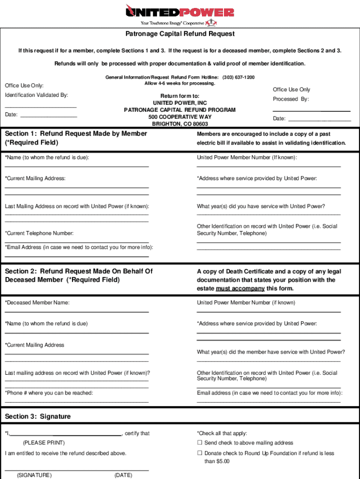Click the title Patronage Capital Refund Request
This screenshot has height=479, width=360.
pos(180,34)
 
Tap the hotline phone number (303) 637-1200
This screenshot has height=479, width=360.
pos(238,77)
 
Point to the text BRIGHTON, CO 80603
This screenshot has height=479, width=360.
pos(180,124)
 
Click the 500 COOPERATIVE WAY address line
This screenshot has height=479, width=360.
pos(180,117)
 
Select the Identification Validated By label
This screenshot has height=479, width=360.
pos(36,95)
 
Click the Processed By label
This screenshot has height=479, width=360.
pos(291,99)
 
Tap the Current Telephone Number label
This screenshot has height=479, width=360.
pos(39,233)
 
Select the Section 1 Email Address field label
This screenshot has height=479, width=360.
pos(79,247)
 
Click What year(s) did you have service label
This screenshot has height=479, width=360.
pos(261,206)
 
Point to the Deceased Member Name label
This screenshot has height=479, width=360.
pos(37,303)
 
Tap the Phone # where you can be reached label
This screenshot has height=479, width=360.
pos(49,393)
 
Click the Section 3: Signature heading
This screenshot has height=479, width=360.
pos(38,416)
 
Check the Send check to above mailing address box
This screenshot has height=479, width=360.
pos(200,443)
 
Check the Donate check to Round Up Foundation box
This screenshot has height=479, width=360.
pos(200,453)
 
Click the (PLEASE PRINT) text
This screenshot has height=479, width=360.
pos(44,443)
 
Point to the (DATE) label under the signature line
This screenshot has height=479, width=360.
pos(123,475)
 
